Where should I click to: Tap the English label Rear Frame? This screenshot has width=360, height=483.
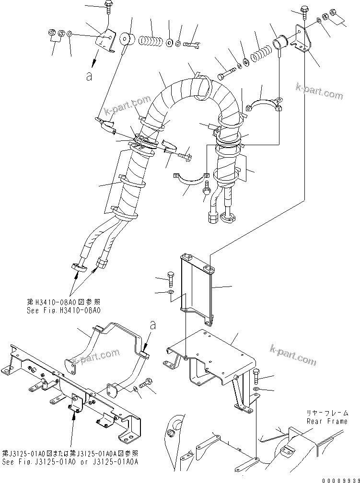click(x=327, y=421)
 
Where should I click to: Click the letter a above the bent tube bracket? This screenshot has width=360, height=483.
click(x=152, y=325)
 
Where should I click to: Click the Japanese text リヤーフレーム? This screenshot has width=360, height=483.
click(x=327, y=413)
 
